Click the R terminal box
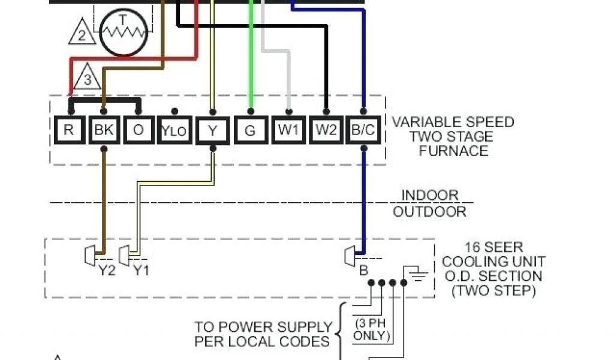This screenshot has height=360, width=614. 69,130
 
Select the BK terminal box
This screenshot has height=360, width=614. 104,130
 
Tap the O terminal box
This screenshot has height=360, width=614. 139,130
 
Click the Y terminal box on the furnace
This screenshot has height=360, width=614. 212,130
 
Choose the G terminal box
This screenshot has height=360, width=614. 250,130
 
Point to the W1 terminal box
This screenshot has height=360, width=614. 288,130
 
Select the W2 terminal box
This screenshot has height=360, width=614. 326,130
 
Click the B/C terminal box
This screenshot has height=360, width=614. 363,130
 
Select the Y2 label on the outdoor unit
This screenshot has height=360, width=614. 107,270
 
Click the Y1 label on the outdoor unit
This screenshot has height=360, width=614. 141,270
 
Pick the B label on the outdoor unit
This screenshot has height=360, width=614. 363,271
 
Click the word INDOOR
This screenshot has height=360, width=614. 429,196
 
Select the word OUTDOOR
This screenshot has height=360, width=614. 429,211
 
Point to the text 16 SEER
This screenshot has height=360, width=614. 493,247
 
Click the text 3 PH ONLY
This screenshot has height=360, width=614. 371,329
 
